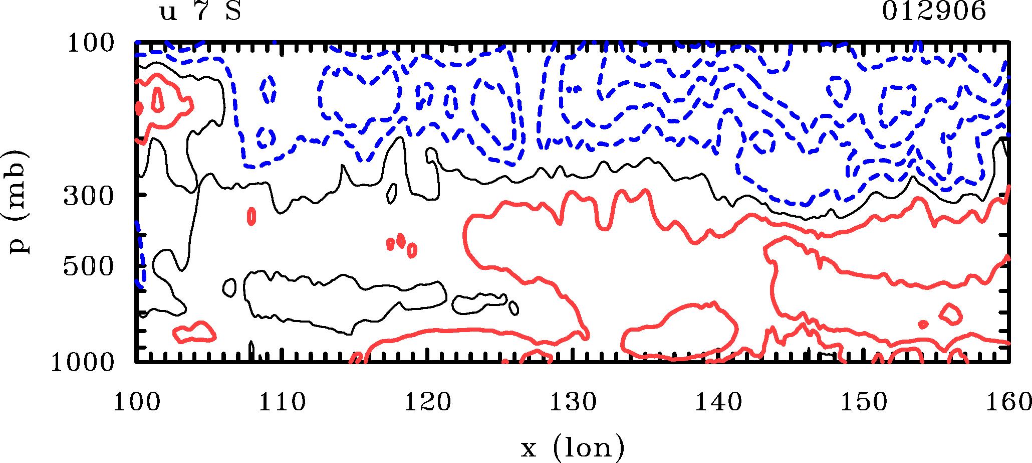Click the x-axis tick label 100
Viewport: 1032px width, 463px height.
136,402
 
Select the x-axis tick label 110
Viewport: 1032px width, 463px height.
282,402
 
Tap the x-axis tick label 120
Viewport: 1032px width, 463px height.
427,402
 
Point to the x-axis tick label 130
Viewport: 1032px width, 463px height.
573,402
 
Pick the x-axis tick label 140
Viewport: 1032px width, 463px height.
718,402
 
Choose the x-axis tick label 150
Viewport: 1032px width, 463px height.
864,402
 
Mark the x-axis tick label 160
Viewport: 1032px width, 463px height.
1008,402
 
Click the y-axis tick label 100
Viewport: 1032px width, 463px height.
91,44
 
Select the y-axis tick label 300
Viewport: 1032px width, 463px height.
89,197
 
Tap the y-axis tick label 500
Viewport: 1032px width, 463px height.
89,267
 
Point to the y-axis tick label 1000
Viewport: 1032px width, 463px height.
83,362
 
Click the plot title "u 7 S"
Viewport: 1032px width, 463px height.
200,12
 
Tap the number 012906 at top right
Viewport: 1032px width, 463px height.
934,12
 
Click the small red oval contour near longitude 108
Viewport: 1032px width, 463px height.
251,216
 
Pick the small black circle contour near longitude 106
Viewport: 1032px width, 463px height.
229,287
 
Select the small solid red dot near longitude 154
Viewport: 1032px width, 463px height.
923,324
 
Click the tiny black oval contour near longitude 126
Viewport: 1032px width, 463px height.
513,308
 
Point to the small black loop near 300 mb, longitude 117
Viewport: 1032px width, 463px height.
392,193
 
